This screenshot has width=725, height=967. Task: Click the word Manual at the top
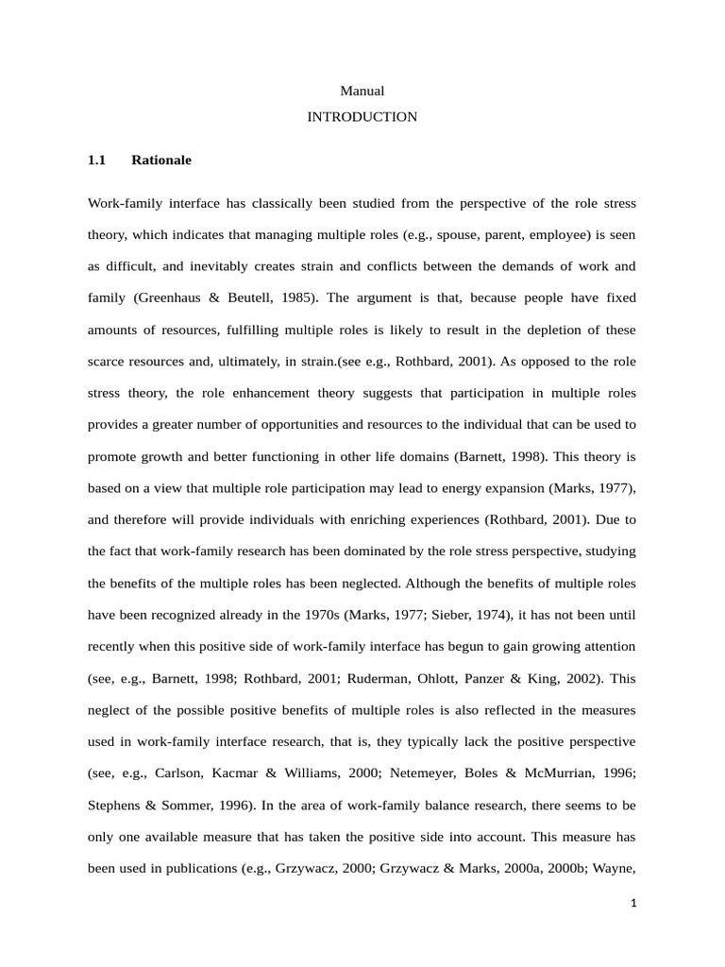click(362, 91)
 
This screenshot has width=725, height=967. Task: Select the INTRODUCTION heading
click(362, 117)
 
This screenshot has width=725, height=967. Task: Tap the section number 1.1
click(97, 161)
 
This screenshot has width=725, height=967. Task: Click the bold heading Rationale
click(161, 161)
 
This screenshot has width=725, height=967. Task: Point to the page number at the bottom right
click(634, 903)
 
